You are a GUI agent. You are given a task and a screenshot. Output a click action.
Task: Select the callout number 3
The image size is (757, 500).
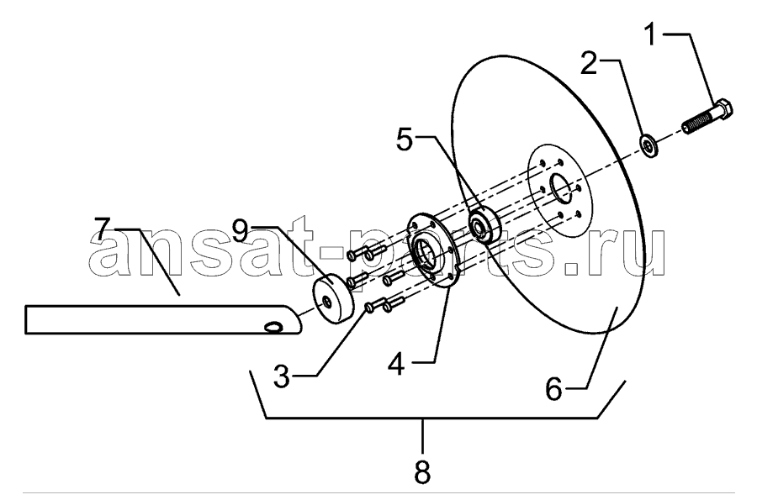(282, 376)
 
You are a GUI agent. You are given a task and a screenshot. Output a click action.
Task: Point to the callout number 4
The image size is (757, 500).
(396, 365)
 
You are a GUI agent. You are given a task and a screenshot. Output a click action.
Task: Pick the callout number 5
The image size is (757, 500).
(405, 139)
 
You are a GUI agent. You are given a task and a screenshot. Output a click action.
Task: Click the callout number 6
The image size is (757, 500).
(554, 388)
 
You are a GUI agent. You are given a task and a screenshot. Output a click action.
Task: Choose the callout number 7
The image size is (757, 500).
(103, 229)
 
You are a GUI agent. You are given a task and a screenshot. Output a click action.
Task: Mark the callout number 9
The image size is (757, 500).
(240, 231)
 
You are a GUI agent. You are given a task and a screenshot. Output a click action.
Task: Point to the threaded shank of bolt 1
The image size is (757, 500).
(698, 123)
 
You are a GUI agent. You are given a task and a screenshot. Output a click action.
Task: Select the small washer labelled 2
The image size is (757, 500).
(648, 145)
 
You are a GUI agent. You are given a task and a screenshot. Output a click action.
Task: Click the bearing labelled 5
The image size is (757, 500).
(485, 224)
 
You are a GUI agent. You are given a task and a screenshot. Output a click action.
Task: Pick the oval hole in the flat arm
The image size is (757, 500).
(273, 328)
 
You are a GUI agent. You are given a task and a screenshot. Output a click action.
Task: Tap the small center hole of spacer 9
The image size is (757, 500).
(327, 303)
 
